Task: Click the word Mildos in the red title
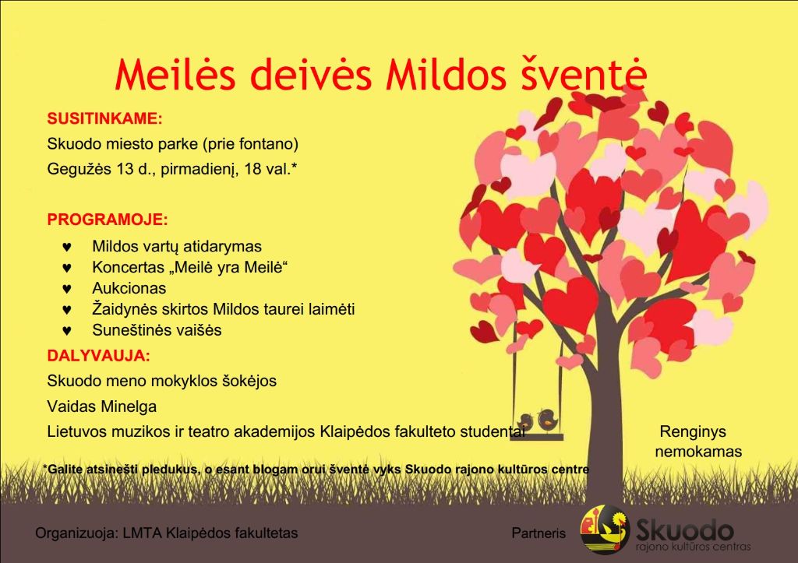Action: (x=446, y=76)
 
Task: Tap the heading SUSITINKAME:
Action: (x=105, y=118)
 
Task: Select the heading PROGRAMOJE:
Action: (x=108, y=220)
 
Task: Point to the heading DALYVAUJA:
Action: (x=99, y=356)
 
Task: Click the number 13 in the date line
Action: (x=125, y=169)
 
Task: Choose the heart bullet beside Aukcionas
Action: (x=67, y=289)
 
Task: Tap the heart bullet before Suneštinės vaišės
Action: (x=67, y=331)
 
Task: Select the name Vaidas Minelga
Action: (x=102, y=406)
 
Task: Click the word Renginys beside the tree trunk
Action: (x=693, y=432)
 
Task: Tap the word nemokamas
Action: (x=698, y=452)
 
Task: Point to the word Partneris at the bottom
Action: (x=538, y=533)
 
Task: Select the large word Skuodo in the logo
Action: (x=685, y=531)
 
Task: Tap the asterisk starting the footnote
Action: (x=45, y=467)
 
